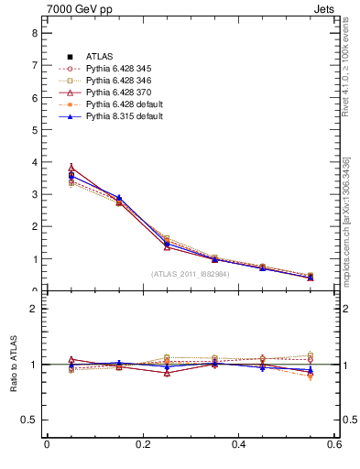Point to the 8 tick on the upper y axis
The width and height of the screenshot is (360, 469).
[34, 33]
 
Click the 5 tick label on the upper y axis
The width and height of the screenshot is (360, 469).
[34, 130]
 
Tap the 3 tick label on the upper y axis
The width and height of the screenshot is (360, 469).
[34, 194]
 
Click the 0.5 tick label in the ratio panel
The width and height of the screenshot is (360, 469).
[29, 420]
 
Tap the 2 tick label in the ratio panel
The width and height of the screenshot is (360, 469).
[34, 309]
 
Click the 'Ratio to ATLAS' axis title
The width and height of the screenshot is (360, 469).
[13, 365]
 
